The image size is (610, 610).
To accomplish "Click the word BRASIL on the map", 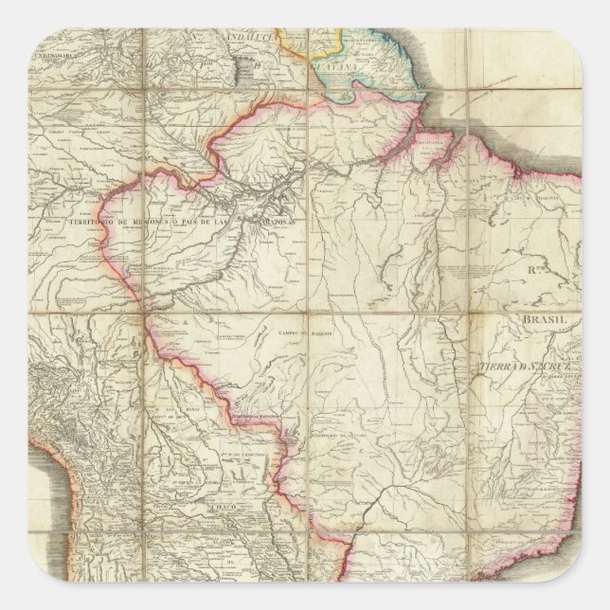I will (547, 320).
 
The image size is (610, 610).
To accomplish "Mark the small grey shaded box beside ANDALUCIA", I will (257, 68).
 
